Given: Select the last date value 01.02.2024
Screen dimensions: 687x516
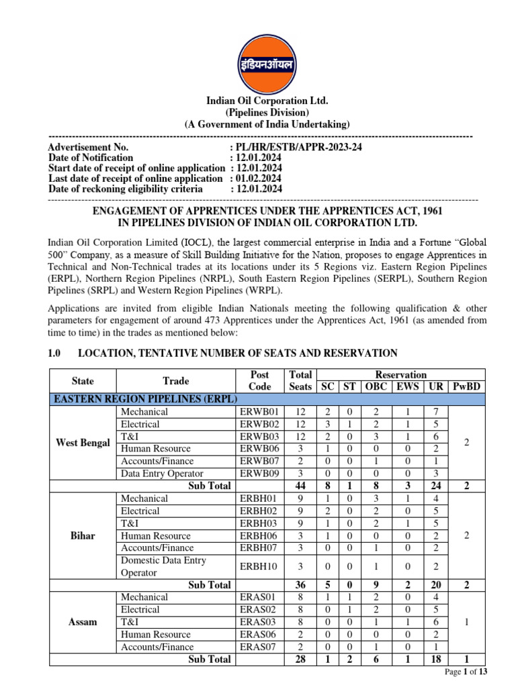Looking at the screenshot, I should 258,178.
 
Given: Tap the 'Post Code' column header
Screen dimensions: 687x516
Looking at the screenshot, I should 259,380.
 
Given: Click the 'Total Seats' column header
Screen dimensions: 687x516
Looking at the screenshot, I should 300,380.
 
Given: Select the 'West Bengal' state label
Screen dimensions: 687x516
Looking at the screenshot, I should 83,443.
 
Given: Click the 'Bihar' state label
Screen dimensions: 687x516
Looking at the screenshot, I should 83,536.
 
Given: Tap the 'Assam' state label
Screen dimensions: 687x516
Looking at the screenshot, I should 83,622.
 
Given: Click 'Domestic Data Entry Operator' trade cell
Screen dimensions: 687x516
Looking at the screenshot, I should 163,566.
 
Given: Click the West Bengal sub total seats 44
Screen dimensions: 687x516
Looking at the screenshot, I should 300,486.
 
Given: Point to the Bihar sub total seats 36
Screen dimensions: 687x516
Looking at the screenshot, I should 300,585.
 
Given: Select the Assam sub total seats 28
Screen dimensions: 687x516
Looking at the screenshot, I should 300,659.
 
